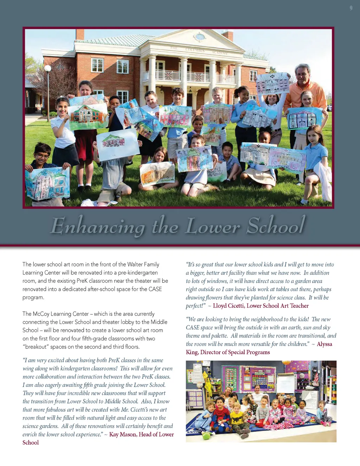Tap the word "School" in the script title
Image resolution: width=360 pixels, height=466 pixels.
pyautogui.click(x=276, y=225)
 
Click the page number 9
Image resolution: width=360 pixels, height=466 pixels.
pyautogui.click(x=351, y=8)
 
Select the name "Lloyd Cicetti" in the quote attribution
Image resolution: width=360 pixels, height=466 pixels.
pyautogui.click(x=228, y=306)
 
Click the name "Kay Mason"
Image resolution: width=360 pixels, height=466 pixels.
pyautogui.click(x=123, y=435)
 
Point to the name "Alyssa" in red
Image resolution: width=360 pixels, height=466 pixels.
pyautogui.click(x=324, y=344)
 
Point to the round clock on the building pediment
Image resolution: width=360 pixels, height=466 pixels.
pyautogui.click(x=200, y=37)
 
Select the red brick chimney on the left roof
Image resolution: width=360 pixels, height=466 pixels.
pyautogui.click(x=80, y=34)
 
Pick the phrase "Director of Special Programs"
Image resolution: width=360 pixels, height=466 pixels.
pyautogui.click(x=235, y=352)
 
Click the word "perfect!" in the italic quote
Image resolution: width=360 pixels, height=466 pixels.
pyautogui.click(x=195, y=306)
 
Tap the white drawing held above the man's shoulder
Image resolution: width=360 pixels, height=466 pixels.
pyautogui.click(x=272, y=83)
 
